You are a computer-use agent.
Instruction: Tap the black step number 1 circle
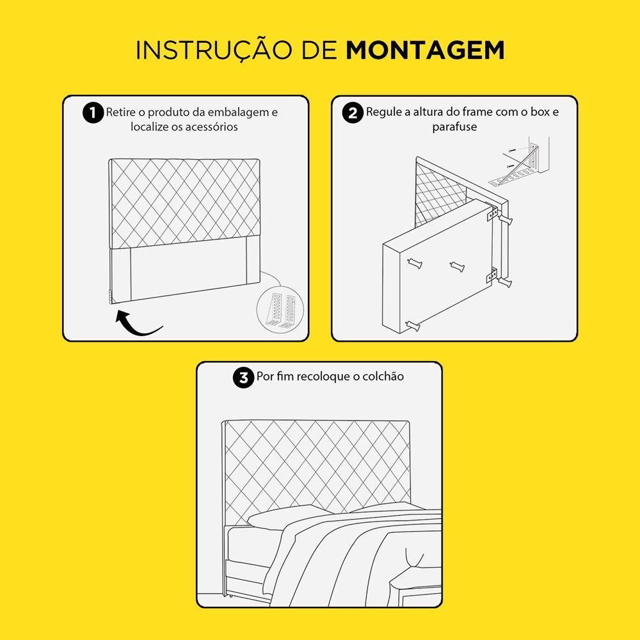coord(93,113)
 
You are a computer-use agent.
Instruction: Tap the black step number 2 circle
coord(353,113)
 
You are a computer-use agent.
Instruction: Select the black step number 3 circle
coord(243,378)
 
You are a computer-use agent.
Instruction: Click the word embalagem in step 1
coord(243,113)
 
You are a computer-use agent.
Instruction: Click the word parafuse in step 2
coord(454,127)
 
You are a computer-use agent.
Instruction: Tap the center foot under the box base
coord(457,267)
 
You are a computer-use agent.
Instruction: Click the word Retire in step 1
coord(120,113)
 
